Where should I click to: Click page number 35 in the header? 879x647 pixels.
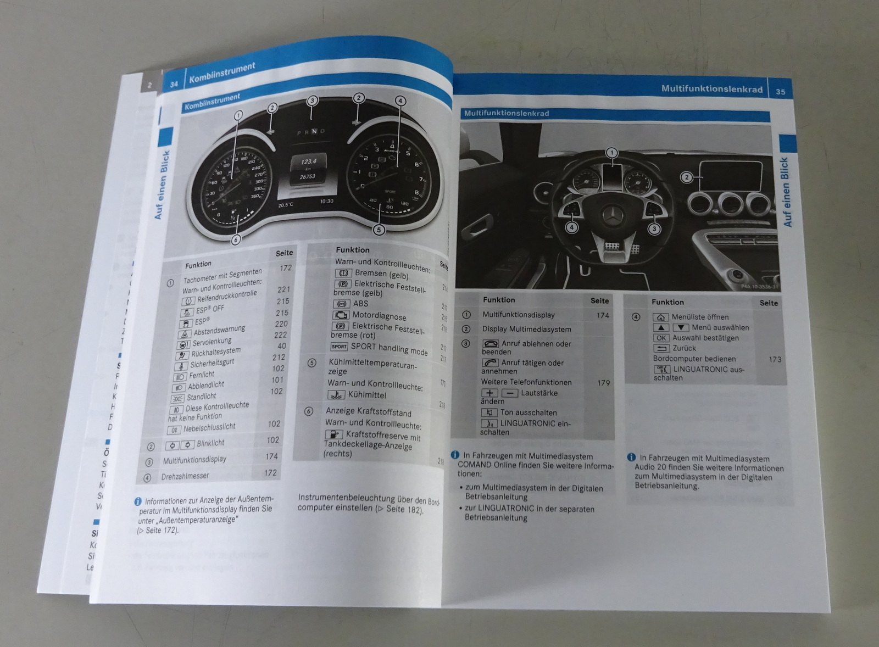(x=780, y=92)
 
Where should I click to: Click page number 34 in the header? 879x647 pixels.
(x=174, y=84)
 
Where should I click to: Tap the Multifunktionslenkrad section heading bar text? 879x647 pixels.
(x=506, y=113)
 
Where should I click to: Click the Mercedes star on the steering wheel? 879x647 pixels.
(x=611, y=215)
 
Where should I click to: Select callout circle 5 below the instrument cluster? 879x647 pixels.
(x=379, y=230)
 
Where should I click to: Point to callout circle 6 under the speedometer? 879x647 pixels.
(x=236, y=239)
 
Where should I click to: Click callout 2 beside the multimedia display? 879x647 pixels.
(x=686, y=177)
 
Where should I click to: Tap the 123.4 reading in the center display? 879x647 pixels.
(x=308, y=162)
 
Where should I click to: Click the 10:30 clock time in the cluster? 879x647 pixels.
(x=326, y=202)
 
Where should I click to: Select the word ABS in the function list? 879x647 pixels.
(x=360, y=304)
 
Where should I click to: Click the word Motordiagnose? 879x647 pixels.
(x=379, y=316)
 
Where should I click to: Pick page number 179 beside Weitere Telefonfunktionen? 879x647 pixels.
(x=603, y=383)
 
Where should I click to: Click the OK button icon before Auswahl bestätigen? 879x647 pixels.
(x=661, y=338)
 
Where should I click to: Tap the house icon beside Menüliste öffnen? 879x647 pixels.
(x=660, y=317)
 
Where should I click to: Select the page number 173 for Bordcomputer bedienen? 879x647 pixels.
(x=775, y=359)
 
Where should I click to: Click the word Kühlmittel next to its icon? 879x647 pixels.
(x=367, y=395)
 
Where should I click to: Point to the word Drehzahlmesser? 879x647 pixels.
(x=185, y=476)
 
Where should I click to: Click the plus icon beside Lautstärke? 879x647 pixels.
(x=489, y=393)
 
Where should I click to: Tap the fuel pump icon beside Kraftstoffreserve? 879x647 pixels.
(x=333, y=434)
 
